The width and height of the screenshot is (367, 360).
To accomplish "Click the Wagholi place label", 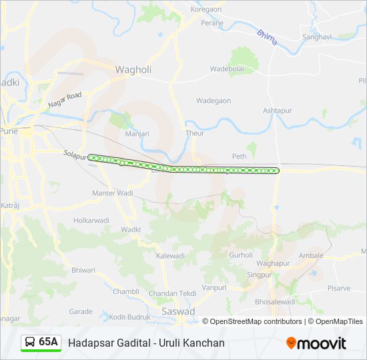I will click(133, 69).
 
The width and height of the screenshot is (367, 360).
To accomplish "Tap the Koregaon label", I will click(206, 9).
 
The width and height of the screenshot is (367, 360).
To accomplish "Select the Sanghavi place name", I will click(316, 37).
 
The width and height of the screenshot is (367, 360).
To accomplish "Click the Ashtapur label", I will click(278, 110).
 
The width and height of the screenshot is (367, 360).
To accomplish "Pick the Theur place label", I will click(195, 133).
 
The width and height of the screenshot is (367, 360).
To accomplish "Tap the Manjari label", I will click(137, 133).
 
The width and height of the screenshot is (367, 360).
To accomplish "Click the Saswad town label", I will click(178, 311).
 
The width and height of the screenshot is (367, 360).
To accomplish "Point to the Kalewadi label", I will click(170, 255).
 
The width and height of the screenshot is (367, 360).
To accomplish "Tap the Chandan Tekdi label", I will click(172, 293).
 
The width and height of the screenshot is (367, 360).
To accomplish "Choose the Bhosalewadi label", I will click(274, 301).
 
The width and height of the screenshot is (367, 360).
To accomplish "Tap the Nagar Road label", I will click(65, 101).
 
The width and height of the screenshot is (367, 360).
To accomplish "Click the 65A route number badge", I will click(48, 342).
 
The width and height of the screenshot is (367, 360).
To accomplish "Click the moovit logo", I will click(316, 343).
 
